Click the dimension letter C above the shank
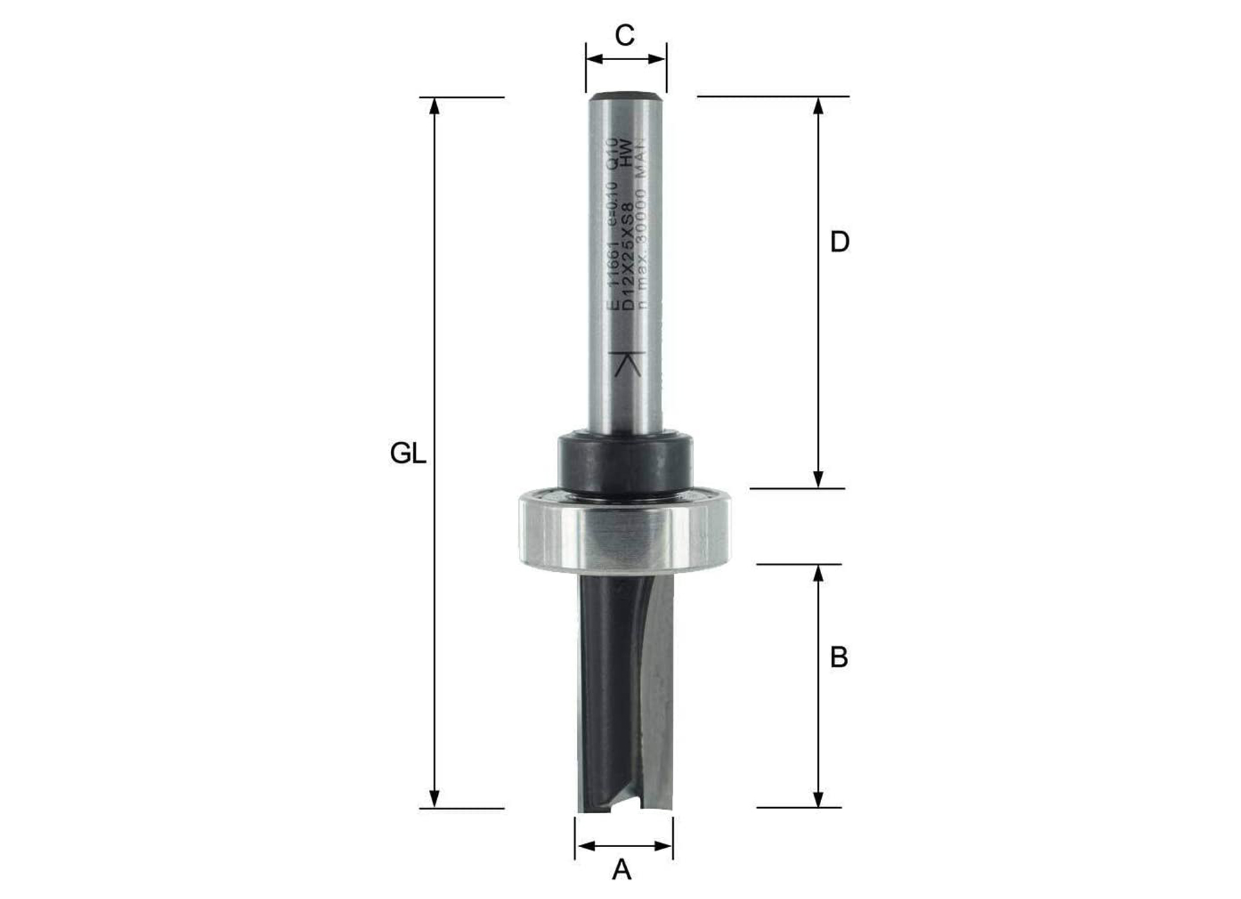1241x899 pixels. click(x=625, y=35)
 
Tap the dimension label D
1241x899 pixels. click(x=839, y=243)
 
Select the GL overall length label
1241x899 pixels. click(x=407, y=454)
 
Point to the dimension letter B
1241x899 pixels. click(x=838, y=658)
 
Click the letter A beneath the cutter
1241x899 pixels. click(x=621, y=869)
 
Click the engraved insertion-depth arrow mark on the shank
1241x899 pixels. click(x=627, y=364)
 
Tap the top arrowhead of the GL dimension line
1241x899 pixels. click(x=434, y=104)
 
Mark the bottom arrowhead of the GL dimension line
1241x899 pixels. click(x=434, y=800)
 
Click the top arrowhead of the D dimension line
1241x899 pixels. click(x=818, y=104)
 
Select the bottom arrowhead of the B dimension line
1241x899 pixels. click(x=818, y=799)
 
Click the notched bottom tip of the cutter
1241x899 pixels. click(x=625, y=806)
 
